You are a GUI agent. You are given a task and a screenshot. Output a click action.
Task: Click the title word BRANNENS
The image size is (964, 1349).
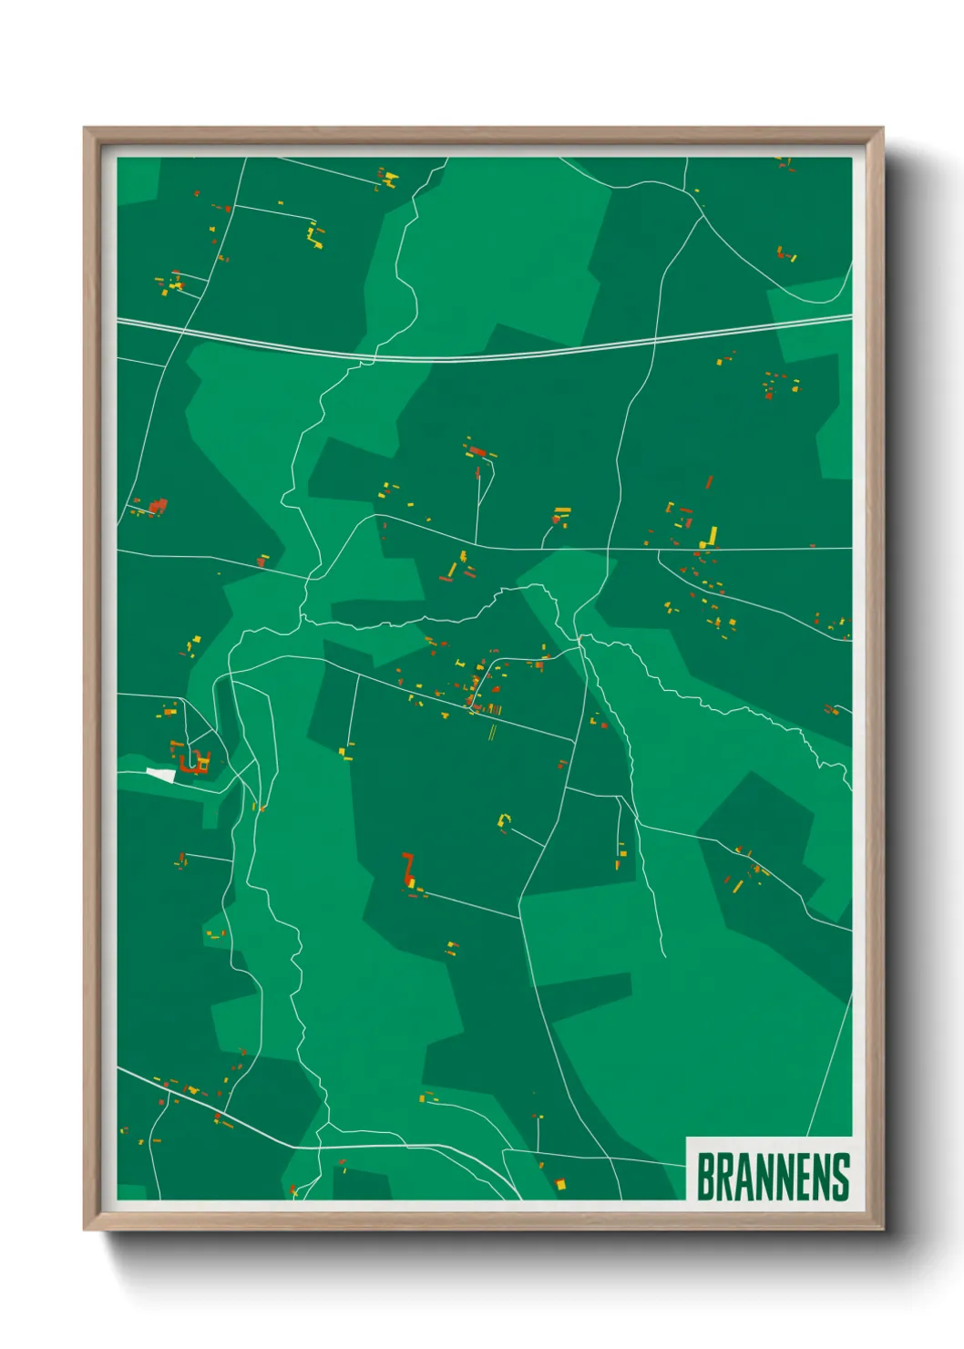point(773,1177)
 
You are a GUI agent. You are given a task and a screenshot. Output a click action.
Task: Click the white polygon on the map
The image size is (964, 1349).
point(162,775)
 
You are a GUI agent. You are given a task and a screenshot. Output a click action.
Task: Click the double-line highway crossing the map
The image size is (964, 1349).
point(483,356)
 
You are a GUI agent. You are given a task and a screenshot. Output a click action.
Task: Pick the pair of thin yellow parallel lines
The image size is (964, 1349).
point(492,731)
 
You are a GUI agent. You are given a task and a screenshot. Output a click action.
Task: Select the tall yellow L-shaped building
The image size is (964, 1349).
point(710,537)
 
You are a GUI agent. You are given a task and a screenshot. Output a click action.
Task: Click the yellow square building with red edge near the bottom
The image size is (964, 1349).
point(560,1184)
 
